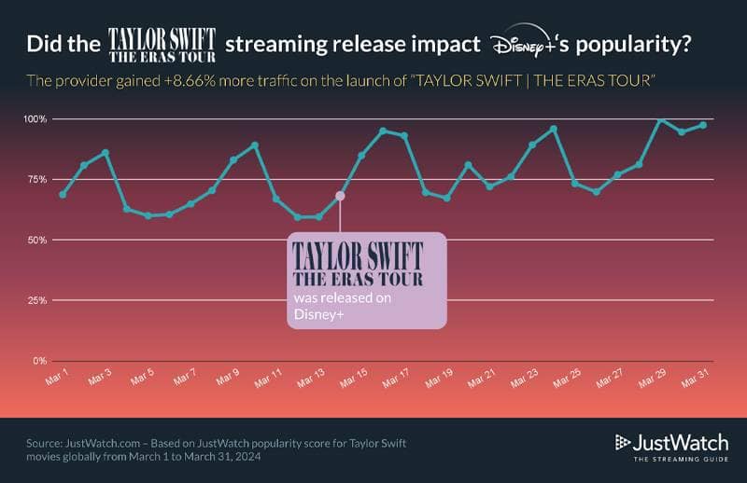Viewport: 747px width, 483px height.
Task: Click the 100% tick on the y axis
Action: [x=35, y=119]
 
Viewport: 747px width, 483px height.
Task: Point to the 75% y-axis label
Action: [x=36, y=180]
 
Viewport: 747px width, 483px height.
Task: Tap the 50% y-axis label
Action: [x=36, y=240]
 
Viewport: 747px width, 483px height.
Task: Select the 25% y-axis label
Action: [x=36, y=300]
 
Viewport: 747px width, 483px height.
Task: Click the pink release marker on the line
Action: [x=340, y=196]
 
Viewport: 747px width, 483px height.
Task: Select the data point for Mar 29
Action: [x=660, y=119]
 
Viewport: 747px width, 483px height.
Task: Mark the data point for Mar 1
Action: [x=63, y=194]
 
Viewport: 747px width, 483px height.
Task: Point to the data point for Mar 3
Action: [x=106, y=152]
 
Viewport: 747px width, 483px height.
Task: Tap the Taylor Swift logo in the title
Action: [x=162, y=44]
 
